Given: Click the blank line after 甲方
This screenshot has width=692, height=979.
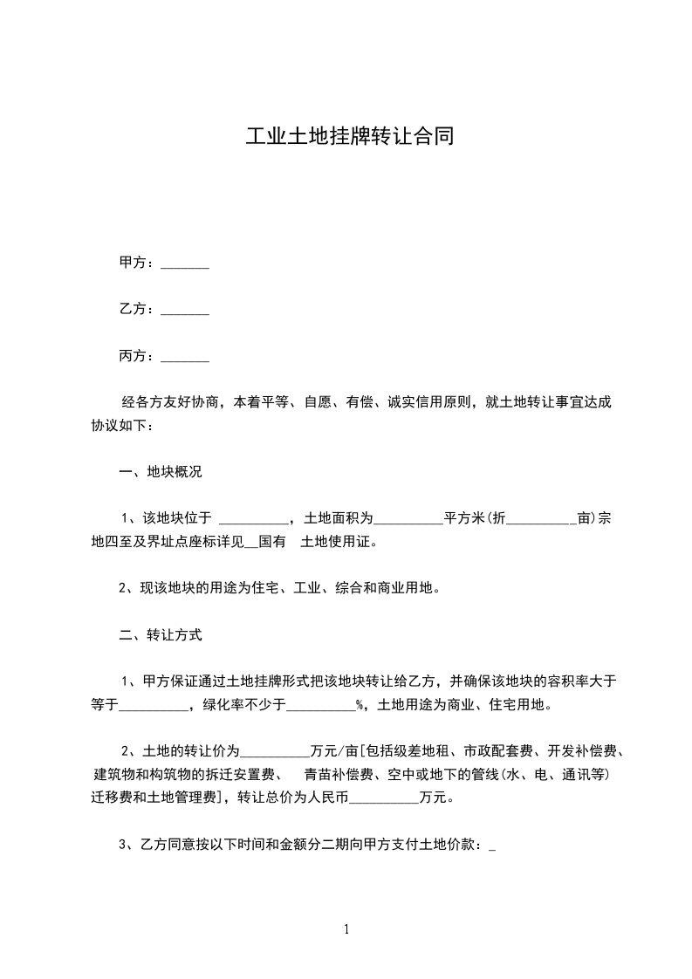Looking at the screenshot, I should point(185,264).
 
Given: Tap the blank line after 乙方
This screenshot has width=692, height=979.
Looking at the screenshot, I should point(185,310).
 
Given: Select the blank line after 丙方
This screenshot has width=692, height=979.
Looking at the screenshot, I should point(185,356).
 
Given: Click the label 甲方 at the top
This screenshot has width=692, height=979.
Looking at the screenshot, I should point(132,263).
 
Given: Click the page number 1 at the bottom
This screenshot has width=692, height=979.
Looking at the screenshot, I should point(346,929).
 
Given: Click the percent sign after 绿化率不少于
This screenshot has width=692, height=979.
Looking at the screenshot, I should point(360,706).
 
